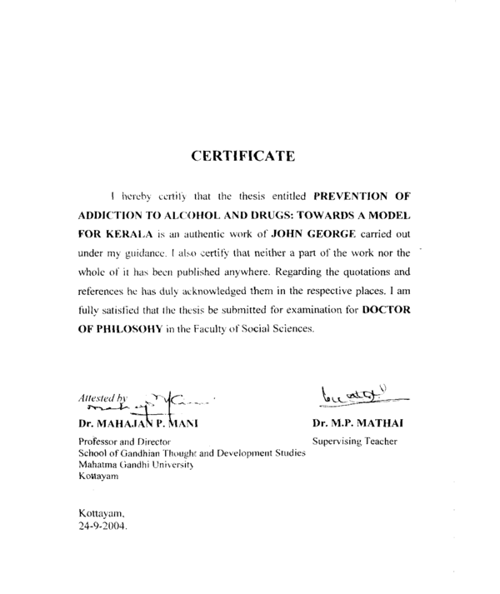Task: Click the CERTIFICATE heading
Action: point(242,155)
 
